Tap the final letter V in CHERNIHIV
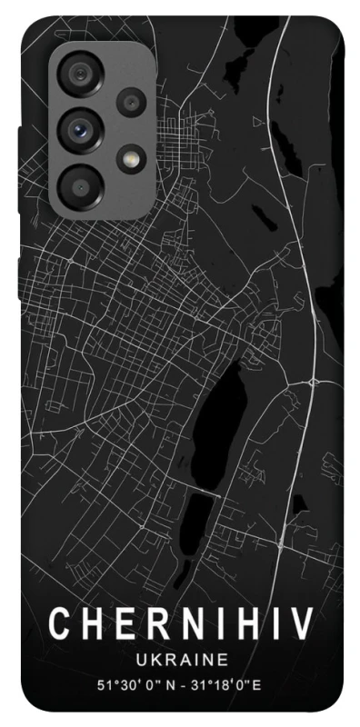click(x=302, y=628)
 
